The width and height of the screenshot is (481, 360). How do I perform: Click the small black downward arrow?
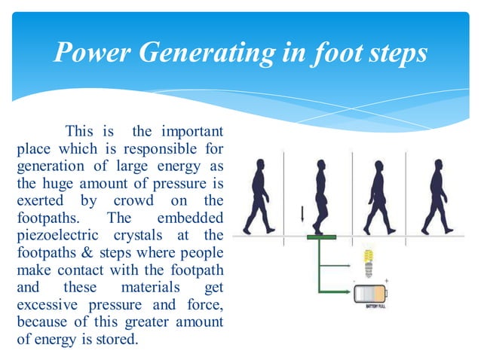pos(302,214)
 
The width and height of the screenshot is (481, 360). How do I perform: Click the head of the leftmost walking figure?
pos(261,164)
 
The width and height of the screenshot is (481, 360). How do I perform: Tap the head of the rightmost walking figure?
pos(436,164)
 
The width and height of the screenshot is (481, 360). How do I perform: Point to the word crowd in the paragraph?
pos(133,200)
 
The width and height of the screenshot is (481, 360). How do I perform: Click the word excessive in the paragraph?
pos(47,305)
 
